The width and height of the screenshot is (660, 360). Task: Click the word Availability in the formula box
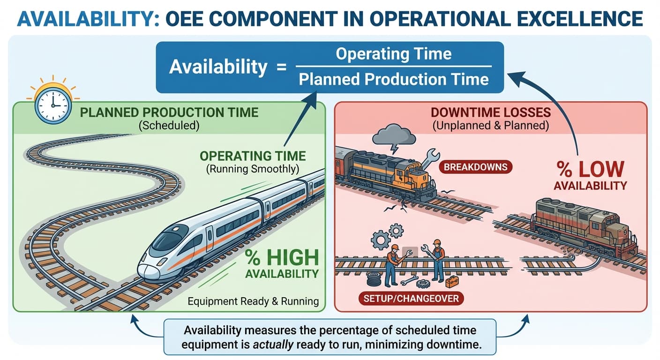217,67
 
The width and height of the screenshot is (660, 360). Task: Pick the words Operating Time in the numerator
393,54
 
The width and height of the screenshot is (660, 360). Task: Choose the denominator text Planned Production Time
393,79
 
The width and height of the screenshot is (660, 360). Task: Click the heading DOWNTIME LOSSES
490,113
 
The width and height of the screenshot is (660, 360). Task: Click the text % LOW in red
590,169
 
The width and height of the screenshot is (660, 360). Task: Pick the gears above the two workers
387,235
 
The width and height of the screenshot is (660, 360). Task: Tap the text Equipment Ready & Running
253,301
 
